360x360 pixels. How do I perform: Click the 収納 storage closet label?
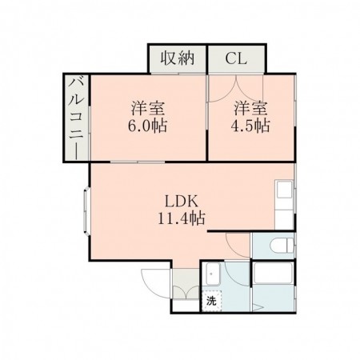(x=177, y=58)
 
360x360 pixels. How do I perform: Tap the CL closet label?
(x=235, y=58)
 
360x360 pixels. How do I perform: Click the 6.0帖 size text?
(x=149, y=126)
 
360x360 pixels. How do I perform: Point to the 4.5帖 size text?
(x=251, y=126)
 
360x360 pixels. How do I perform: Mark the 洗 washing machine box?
(x=211, y=302)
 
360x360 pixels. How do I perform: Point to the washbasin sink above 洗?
(x=212, y=274)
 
